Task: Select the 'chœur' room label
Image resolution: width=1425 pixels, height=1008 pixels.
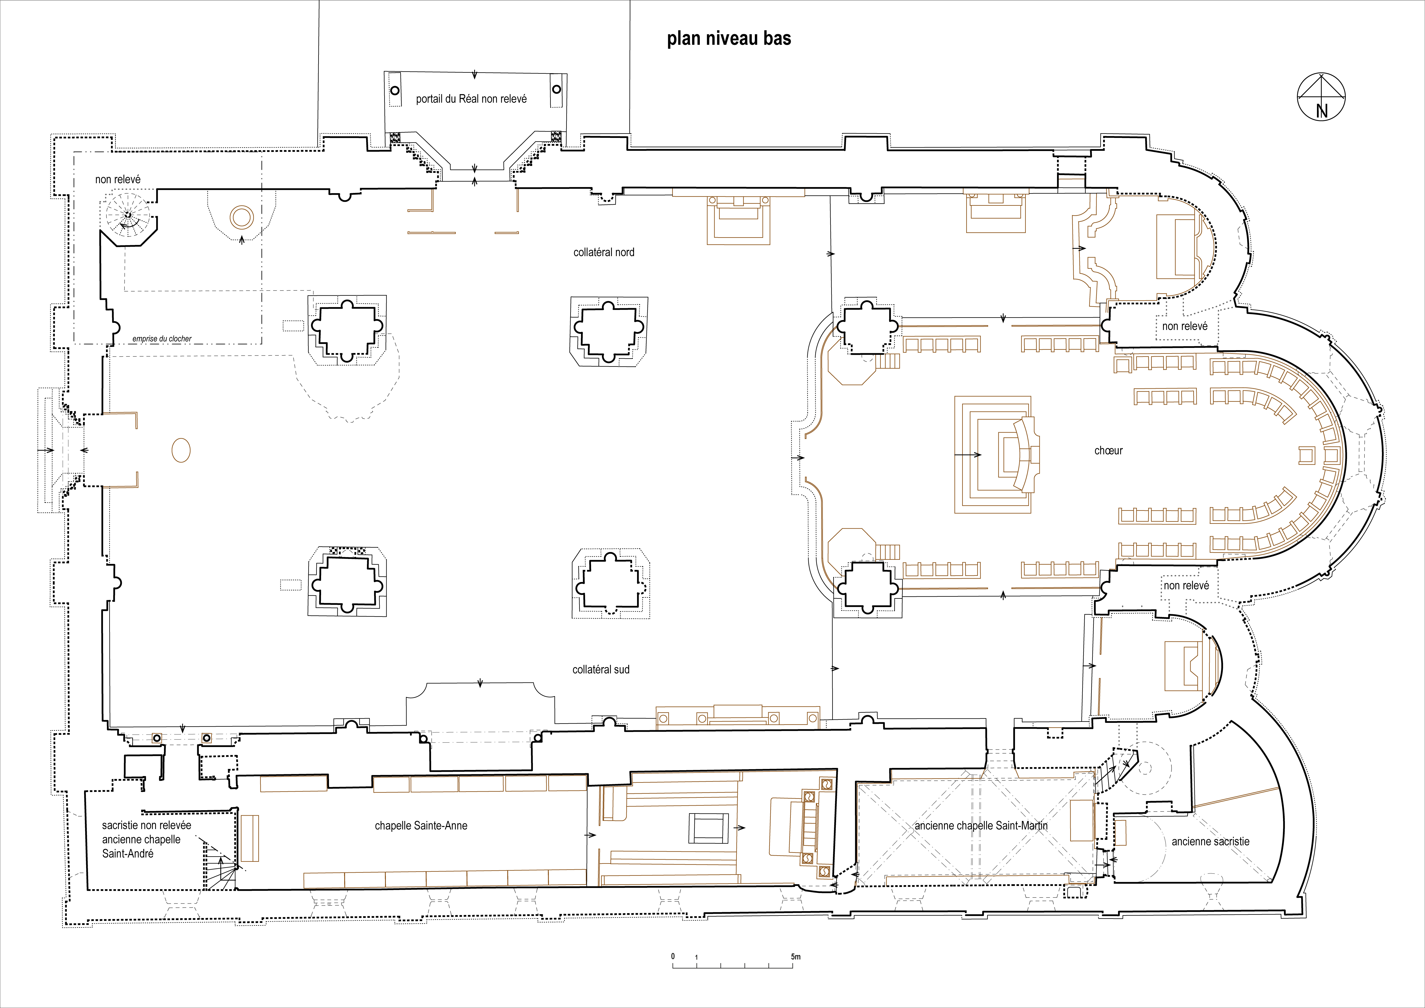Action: click(x=1108, y=451)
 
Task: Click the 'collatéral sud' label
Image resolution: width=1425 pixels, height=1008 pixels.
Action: click(x=601, y=670)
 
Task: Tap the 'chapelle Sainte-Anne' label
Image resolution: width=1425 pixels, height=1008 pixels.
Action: click(x=421, y=826)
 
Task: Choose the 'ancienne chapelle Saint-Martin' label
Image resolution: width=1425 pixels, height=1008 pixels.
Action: click(x=981, y=826)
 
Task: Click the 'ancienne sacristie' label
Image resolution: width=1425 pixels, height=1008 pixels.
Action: click(x=1210, y=842)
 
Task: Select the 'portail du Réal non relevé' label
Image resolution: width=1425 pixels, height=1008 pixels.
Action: click(x=471, y=99)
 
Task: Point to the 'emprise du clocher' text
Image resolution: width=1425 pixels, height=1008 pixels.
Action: click(x=162, y=339)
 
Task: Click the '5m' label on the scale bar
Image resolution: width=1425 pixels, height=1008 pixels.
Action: click(x=796, y=956)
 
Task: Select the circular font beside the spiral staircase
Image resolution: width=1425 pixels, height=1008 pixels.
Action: click(x=241, y=217)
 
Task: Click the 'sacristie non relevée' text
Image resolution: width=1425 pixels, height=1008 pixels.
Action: click(x=146, y=826)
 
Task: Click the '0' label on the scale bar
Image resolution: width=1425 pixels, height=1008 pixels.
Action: click(x=673, y=956)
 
